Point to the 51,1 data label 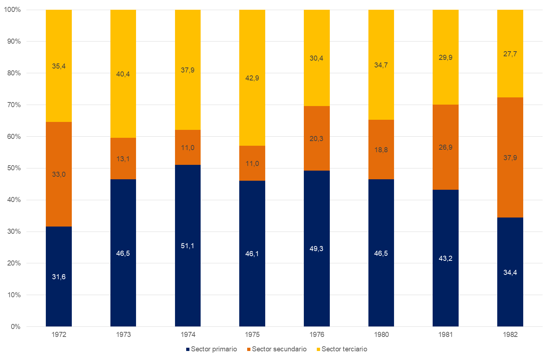[x=188, y=246]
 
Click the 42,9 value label [x=252, y=78]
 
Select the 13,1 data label [x=123, y=159]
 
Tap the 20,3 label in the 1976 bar [x=316, y=139]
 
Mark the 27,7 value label [x=510, y=54]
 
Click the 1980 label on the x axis [x=381, y=334]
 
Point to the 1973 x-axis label [x=123, y=334]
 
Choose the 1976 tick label [x=316, y=334]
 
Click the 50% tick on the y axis [x=14, y=168]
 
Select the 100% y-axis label [x=12, y=10]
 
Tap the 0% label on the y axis [x=16, y=326]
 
